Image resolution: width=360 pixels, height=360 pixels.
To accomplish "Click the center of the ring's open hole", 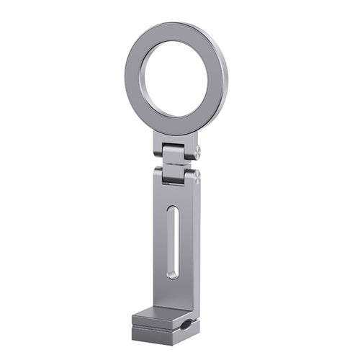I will coord(174,78).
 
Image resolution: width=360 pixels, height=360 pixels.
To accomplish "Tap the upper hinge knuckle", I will coord(176,153).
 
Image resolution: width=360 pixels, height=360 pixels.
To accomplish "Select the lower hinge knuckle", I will coord(176,174).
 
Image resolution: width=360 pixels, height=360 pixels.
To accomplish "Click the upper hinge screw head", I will coord(197,151).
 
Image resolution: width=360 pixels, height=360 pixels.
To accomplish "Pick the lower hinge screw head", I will coord(197,174).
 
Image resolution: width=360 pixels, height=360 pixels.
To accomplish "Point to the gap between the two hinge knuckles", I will coord(176,163).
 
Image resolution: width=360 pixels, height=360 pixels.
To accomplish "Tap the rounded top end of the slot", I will coord(173,210).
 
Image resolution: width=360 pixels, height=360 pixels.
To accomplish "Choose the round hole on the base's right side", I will coord(187,325).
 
